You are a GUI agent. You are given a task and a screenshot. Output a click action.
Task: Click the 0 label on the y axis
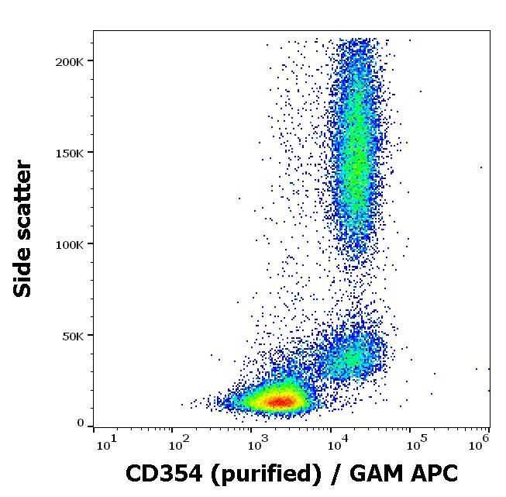pyautogui.click(x=81, y=423)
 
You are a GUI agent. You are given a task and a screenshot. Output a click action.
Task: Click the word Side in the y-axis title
pyautogui.click(x=25, y=271)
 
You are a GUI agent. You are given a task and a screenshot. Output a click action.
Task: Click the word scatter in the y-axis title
pyautogui.click(x=25, y=197)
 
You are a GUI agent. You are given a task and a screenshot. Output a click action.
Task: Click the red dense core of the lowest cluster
pyautogui.click(x=279, y=401)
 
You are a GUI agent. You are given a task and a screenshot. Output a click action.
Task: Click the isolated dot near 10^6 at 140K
pyautogui.click(x=481, y=167)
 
